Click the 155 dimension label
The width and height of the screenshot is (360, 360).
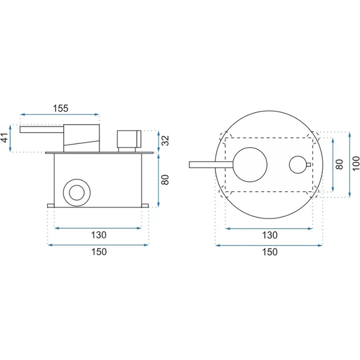coord(61,108)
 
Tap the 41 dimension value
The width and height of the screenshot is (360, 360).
coord(5,138)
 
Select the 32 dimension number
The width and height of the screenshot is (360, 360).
coord(165,140)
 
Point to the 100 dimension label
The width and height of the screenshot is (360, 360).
coord(356,163)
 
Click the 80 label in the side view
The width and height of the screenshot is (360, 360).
coord(165,180)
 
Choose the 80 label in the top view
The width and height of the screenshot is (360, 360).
coord(339,164)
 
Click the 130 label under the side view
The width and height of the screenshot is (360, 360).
coord(99,235)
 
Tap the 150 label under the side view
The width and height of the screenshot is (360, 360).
coord(99,252)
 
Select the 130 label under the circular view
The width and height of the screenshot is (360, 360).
coord(270,235)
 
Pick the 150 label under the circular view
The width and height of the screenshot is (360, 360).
coord(270,252)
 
